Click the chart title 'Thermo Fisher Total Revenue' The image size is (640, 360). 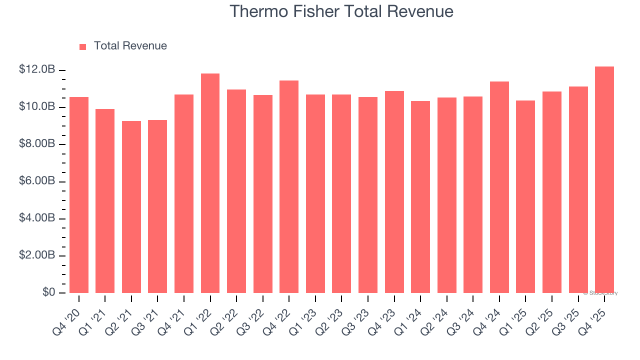click(x=341, y=11)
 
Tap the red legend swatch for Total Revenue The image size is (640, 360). click(x=82, y=46)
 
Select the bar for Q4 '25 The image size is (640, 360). click(x=604, y=180)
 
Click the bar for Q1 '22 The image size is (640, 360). click(x=210, y=183)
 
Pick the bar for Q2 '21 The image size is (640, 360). click(x=131, y=207)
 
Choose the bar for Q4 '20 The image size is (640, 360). click(x=79, y=195)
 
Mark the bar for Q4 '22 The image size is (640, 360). click(x=289, y=186)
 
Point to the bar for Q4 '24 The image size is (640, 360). click(x=499, y=187)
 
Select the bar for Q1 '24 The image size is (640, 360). click(x=420, y=197)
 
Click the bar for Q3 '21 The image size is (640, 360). click(x=157, y=206)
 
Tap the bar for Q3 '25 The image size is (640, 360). click(x=578, y=189)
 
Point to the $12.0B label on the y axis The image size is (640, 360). click(x=37, y=69)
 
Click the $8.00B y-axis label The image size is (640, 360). click(x=37, y=144)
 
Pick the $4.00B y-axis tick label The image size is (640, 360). click(x=37, y=218)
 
